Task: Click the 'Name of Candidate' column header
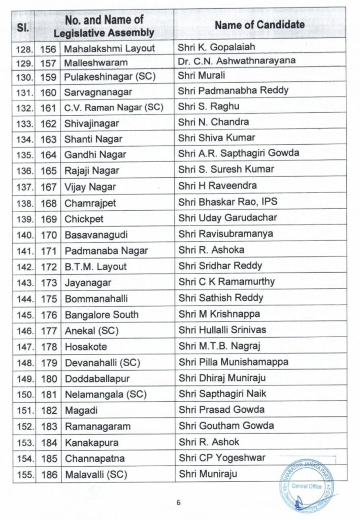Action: (x=259, y=24)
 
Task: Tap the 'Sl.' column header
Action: (x=23, y=25)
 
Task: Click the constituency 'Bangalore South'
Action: (x=102, y=314)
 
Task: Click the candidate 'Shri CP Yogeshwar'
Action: (x=221, y=458)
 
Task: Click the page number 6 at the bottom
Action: (x=179, y=503)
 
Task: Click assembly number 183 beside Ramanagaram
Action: (x=48, y=426)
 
